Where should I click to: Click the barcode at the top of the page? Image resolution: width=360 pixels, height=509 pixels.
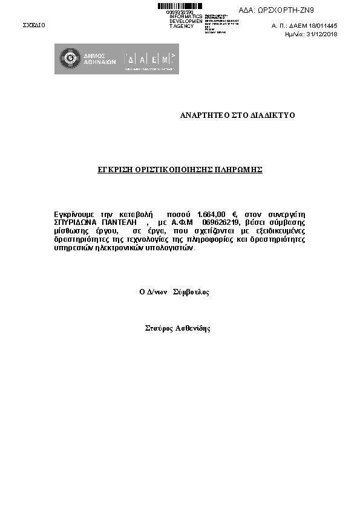coord(180,6)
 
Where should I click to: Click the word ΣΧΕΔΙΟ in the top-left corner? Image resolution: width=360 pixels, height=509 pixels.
coord(34,25)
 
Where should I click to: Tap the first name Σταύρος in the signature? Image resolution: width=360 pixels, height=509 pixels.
coord(159,329)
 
